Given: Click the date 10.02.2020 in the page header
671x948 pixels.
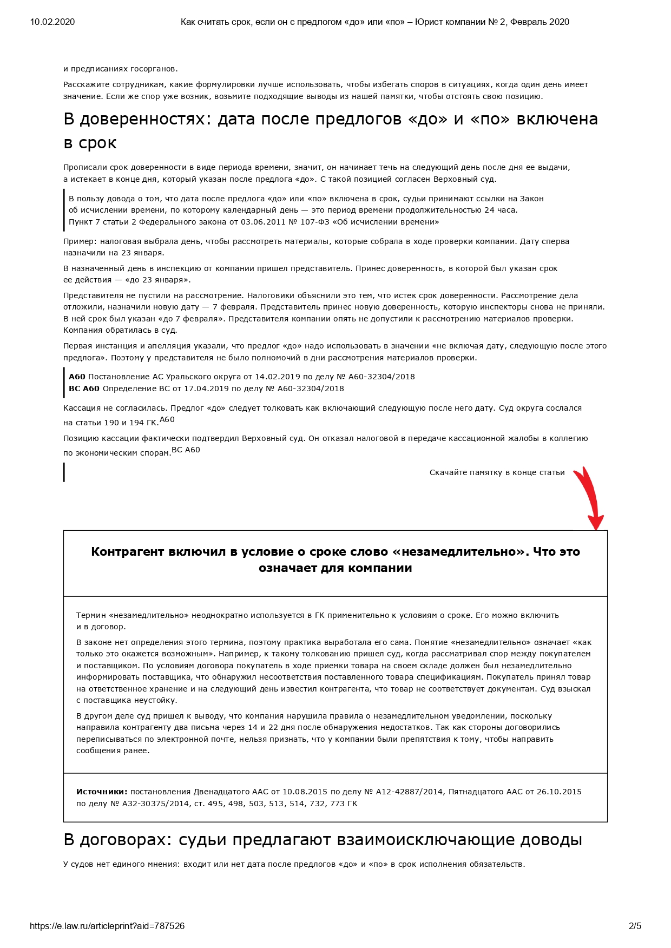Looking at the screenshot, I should (x=52, y=22).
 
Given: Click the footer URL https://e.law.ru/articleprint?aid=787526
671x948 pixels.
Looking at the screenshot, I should (x=107, y=926).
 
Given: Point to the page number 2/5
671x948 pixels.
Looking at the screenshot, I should (x=635, y=926).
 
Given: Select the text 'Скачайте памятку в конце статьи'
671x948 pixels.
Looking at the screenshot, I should (x=497, y=472).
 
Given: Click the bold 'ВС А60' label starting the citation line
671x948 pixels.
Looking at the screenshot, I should (x=84, y=389).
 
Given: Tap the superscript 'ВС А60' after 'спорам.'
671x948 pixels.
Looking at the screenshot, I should (x=186, y=450).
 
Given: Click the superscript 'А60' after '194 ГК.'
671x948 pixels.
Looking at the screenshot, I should (x=167, y=420).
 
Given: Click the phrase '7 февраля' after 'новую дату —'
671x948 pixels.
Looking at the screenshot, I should (x=230, y=307).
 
